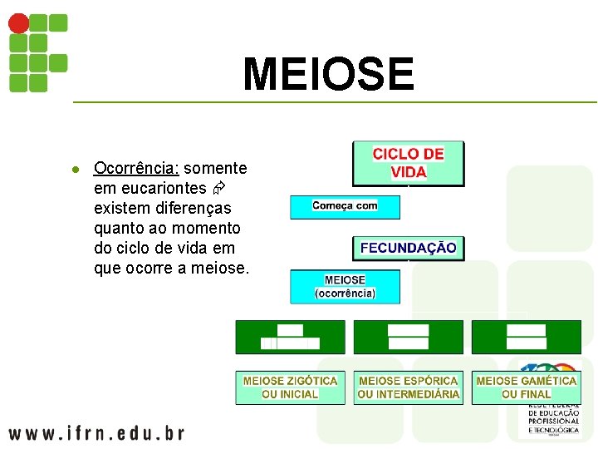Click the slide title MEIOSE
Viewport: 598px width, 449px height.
click(x=328, y=74)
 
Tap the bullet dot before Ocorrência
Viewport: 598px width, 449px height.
click(x=74, y=169)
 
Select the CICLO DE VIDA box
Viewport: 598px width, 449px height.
click(x=408, y=163)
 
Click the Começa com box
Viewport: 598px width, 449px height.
click(x=345, y=206)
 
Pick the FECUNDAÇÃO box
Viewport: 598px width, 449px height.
click(x=408, y=248)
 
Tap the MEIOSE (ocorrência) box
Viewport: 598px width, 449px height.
click(x=345, y=286)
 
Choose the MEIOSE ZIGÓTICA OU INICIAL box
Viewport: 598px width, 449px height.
click(x=290, y=387)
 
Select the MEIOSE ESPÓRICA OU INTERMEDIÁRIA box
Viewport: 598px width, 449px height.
click(x=408, y=387)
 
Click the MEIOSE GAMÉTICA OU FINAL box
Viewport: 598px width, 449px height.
click(x=526, y=387)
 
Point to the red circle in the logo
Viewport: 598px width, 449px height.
click(x=17, y=23)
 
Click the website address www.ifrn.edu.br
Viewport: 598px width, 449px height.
click(x=96, y=432)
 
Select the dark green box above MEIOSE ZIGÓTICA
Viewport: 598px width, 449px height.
click(x=290, y=337)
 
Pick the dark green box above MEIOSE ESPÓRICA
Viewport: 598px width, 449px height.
click(x=408, y=337)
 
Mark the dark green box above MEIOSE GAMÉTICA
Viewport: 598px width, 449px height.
click(x=526, y=337)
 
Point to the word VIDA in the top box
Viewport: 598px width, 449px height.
click(x=409, y=172)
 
